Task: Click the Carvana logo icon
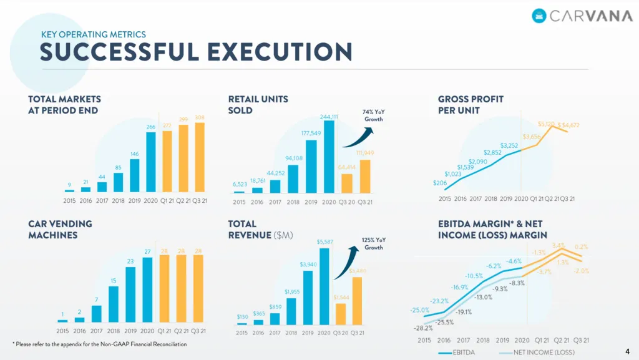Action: (539, 16)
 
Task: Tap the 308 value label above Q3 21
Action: (200, 117)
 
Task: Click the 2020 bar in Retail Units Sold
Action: (329, 157)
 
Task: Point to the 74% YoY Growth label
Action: (373, 115)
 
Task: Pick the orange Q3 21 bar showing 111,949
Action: (364, 177)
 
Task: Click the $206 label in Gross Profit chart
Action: (439, 183)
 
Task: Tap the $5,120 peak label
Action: (546, 124)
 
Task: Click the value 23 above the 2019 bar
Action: (130, 261)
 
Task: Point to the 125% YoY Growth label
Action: (373, 243)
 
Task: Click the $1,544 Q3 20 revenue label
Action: (341, 297)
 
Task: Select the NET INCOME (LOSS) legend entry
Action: (537, 353)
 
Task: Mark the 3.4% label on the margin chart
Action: (559, 246)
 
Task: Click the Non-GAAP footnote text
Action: (100, 344)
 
